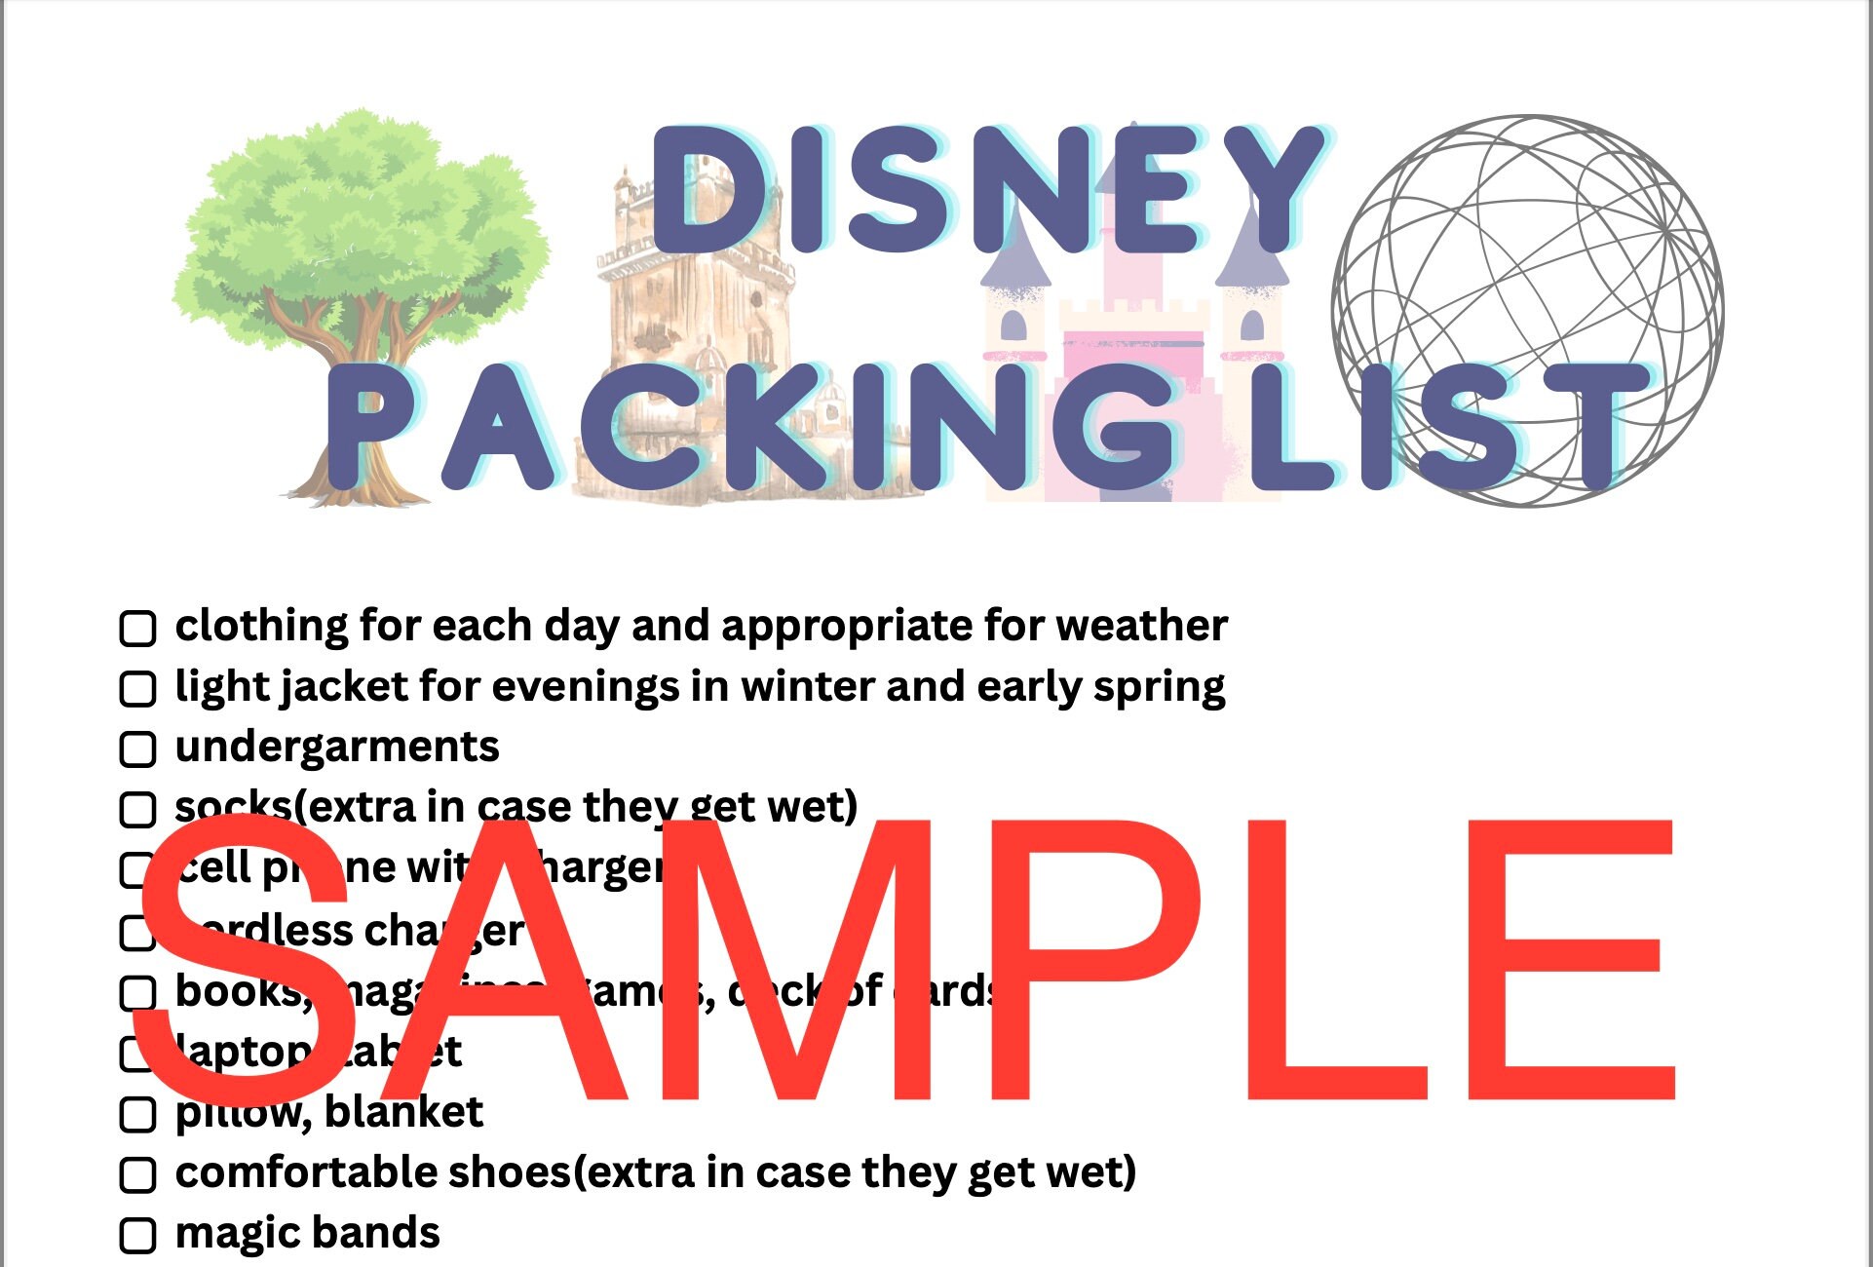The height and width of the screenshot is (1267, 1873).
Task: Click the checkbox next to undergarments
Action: coord(137,749)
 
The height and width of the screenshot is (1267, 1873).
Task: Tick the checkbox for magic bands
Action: coord(137,1235)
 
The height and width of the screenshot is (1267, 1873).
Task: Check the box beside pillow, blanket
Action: coord(137,1114)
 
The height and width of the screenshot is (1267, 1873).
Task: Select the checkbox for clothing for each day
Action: coord(137,629)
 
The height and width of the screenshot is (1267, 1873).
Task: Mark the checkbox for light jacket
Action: coord(137,689)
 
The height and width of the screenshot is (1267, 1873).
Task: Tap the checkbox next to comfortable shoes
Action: coord(137,1174)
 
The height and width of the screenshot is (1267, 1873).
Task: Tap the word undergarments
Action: coord(337,748)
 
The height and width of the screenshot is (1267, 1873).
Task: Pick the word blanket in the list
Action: coord(403,1112)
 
